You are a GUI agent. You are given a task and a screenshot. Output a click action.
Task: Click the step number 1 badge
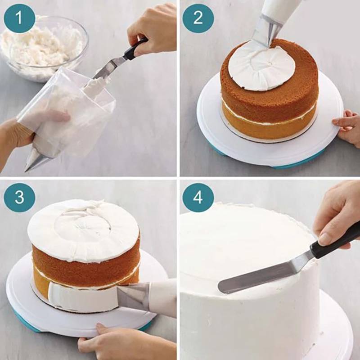click(x=19, y=18)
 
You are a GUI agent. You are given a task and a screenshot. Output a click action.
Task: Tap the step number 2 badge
click(x=198, y=18)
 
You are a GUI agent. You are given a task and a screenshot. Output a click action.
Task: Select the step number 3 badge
click(x=19, y=198)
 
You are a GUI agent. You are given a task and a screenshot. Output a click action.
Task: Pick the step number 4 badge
click(x=198, y=198)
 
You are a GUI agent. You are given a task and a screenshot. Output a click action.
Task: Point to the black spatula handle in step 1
click(x=135, y=49)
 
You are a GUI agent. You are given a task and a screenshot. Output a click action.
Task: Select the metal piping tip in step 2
click(x=267, y=31)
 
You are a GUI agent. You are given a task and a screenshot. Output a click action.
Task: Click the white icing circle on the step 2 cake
click(x=261, y=67)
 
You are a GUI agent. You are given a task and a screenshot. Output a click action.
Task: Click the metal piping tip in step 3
click(x=134, y=296)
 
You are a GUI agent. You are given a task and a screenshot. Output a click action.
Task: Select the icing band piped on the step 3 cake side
click(x=83, y=296)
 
